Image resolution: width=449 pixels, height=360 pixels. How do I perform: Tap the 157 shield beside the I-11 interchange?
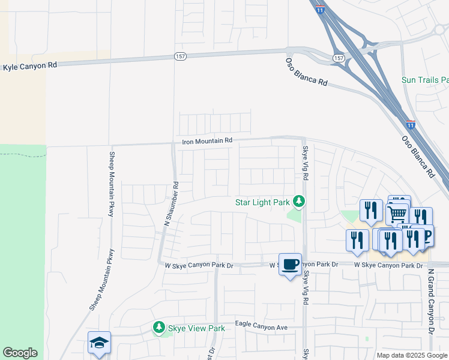(x=339, y=58)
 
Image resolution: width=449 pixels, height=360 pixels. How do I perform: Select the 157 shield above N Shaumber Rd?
(x=179, y=56)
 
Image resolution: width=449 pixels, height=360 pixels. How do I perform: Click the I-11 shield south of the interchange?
(x=411, y=125)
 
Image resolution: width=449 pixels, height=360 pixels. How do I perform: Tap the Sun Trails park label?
(x=425, y=80)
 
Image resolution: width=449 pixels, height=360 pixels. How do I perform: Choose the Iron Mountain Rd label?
(x=207, y=141)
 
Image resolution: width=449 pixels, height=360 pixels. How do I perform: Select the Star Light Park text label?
(x=262, y=202)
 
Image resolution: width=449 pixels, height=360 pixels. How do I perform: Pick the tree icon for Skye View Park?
(x=159, y=328)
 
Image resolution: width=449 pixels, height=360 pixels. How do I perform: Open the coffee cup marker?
(x=290, y=264)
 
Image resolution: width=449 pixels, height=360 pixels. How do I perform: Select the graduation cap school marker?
(x=99, y=343)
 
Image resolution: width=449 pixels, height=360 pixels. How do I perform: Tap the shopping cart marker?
(x=398, y=212)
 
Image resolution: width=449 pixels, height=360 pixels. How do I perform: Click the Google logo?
(x=20, y=353)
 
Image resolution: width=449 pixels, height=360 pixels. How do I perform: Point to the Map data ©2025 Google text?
(x=411, y=355)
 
